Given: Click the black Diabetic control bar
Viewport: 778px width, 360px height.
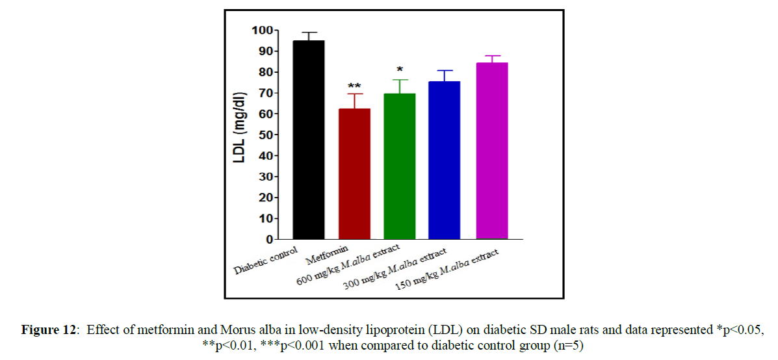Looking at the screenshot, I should pyautogui.click(x=309, y=140).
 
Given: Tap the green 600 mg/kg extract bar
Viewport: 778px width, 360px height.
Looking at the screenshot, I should pyautogui.click(x=400, y=166).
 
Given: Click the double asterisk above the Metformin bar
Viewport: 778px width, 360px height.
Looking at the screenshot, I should pyautogui.click(x=354, y=86).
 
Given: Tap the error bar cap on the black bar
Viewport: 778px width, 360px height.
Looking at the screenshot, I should pyautogui.click(x=309, y=32).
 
